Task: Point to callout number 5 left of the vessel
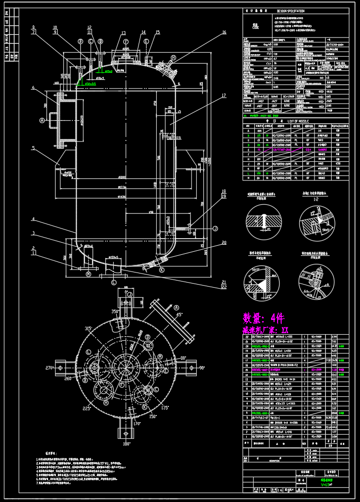[33, 148]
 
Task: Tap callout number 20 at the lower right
[224, 243]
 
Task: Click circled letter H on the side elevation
[173, 58]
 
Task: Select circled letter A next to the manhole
[42, 120]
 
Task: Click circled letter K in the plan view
[145, 407]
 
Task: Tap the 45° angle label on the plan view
[178, 315]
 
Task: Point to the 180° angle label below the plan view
[126, 444]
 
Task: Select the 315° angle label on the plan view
[88, 329]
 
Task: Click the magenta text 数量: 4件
[263, 318]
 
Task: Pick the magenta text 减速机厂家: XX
[265, 330]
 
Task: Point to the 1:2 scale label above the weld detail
[317, 199]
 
